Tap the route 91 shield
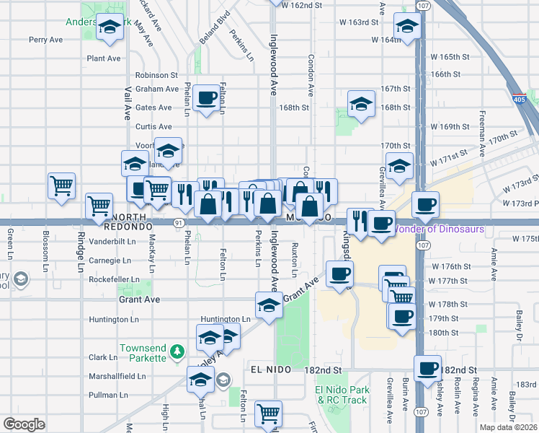[x=177, y=223]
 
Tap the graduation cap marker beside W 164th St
[x=408, y=27]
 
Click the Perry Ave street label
[x=46, y=40]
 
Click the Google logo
[x=24, y=424]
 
